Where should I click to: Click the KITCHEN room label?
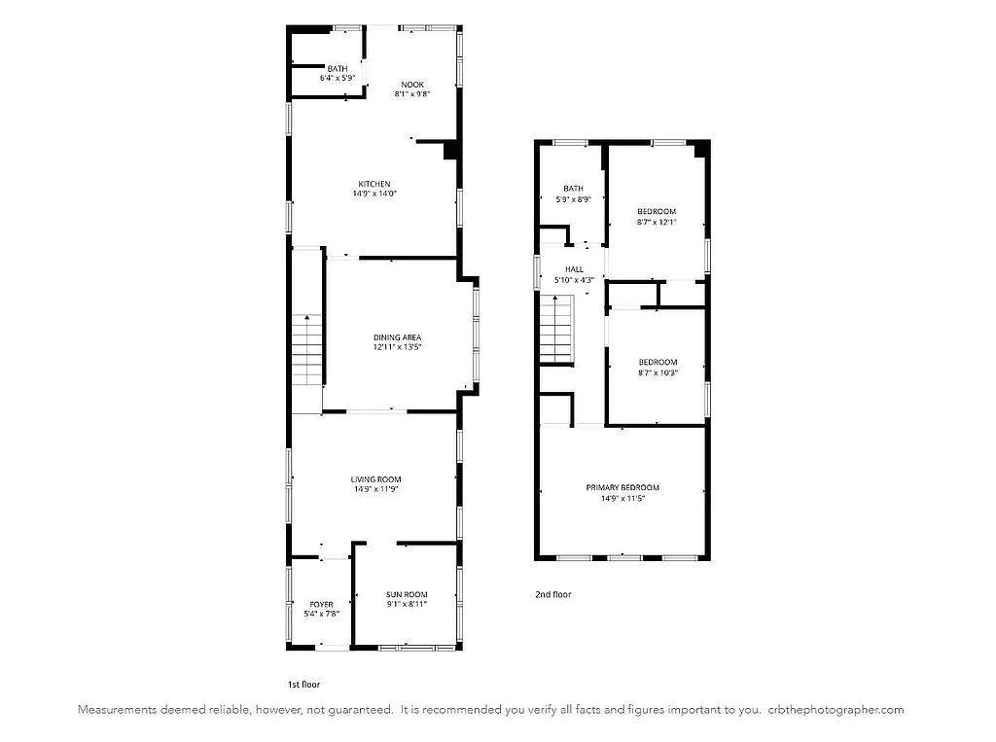click(374, 184)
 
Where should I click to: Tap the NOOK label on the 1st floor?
click(411, 85)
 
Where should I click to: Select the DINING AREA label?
click(397, 337)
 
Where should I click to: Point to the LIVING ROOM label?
click(375, 479)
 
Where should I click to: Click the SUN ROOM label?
click(406, 595)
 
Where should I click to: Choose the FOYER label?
click(321, 604)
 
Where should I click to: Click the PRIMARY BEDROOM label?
click(622, 487)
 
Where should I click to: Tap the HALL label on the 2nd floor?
click(574, 269)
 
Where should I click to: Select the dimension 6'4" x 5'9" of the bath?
click(338, 78)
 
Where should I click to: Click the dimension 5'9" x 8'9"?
click(574, 198)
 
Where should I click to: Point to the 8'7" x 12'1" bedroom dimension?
click(657, 221)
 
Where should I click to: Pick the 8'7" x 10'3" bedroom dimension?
click(657, 371)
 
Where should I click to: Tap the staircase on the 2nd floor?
click(557, 331)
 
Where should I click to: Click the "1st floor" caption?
click(303, 684)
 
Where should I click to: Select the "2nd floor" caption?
click(552, 594)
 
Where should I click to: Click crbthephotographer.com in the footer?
click(836, 710)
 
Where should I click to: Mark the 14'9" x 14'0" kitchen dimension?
click(374, 194)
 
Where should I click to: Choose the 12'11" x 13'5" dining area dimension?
click(397, 347)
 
